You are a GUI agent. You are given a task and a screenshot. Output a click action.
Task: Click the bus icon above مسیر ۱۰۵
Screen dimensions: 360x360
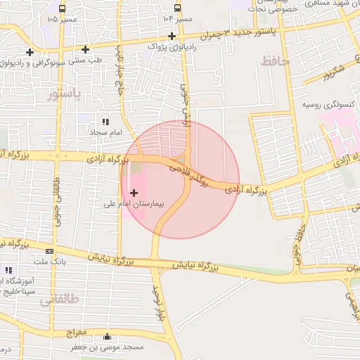[63, 9]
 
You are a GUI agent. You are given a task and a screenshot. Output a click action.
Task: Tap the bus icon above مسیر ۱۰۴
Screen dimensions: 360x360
[178, 8]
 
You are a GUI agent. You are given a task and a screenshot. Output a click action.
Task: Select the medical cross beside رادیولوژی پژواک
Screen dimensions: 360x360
[172, 36]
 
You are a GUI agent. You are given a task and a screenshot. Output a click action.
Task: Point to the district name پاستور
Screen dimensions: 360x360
[65, 94]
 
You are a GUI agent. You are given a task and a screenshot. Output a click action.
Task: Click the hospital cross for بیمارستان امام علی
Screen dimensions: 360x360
[134, 191]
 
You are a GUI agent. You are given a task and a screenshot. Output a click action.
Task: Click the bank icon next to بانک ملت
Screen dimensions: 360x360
[49, 251]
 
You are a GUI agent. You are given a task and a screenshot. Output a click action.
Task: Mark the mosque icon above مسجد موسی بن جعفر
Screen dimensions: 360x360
[106, 337]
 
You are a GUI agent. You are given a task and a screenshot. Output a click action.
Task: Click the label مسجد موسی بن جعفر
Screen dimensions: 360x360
[106, 347]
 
